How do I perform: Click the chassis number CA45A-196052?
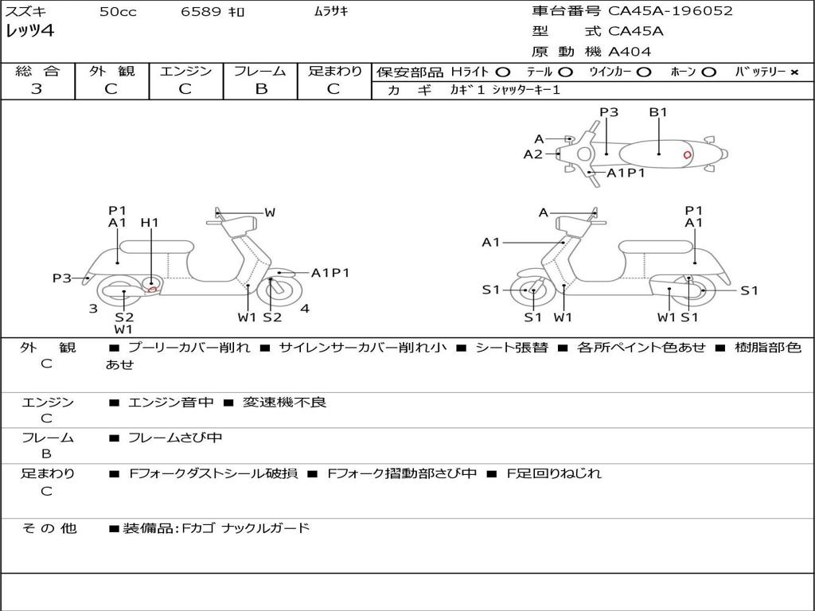[670, 11]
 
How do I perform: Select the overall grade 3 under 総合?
[37, 89]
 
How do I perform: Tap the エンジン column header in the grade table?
[185, 71]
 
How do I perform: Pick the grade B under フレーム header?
[260, 89]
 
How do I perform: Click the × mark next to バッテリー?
[794, 72]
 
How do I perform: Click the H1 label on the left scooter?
[150, 223]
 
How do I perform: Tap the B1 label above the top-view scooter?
[658, 112]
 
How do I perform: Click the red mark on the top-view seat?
[687, 154]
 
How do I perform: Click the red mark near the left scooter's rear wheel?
[151, 288]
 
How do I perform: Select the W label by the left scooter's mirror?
[270, 212]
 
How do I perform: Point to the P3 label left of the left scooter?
[62, 278]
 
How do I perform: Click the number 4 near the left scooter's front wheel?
[305, 309]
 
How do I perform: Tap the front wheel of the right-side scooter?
[532, 291]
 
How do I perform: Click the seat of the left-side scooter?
[156, 247]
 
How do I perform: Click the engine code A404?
[630, 52]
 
